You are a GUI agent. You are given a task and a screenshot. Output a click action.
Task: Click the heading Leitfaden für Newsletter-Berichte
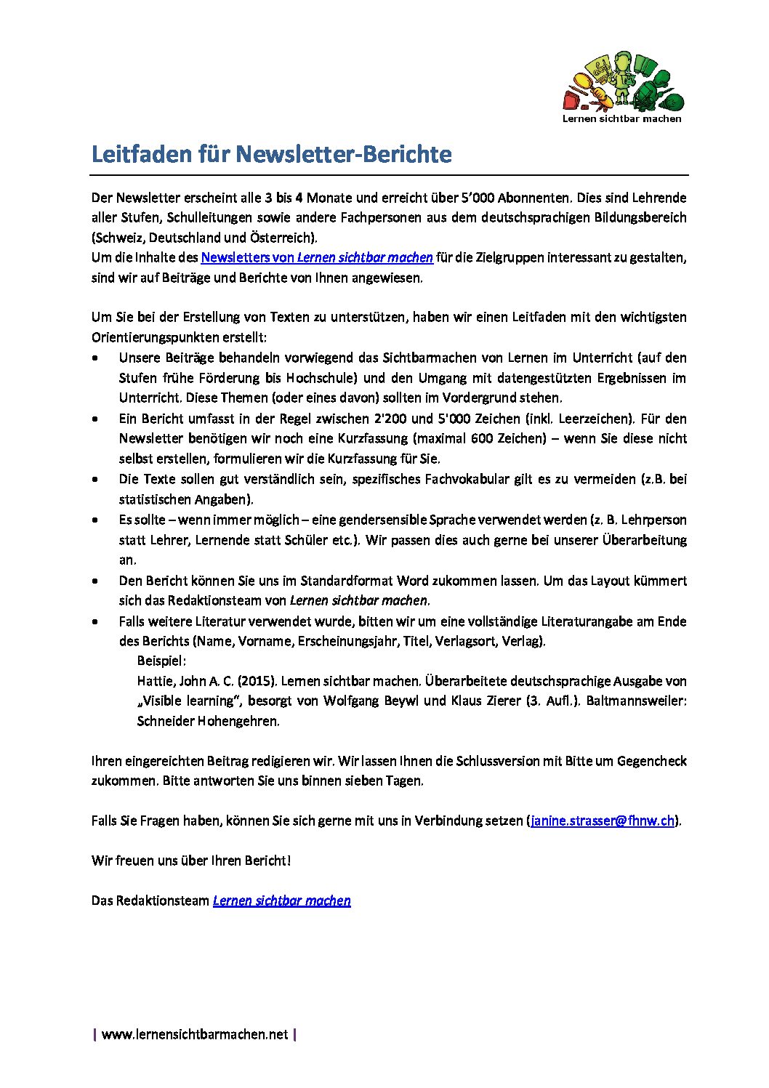[x=271, y=154]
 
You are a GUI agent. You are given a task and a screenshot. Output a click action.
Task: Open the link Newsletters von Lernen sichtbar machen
[x=316, y=257]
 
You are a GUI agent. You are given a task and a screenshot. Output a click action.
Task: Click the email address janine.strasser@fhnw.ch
[x=603, y=821]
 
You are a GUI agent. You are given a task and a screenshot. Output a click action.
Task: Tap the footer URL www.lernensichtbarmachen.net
[x=195, y=1034]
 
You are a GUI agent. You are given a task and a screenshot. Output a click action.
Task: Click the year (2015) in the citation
[x=257, y=681]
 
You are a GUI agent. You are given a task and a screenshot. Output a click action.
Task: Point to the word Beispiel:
[x=161, y=661]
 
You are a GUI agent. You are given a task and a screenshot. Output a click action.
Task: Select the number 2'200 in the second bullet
[x=390, y=419]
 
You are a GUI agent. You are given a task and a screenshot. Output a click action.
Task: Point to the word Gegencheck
[x=652, y=761]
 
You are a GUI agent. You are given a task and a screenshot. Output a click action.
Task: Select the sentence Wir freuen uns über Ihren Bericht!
[x=191, y=861]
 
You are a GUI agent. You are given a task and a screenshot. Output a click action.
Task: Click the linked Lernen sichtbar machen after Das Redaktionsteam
[x=281, y=900]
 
